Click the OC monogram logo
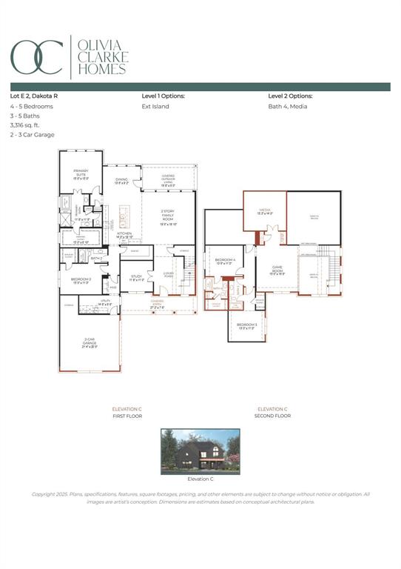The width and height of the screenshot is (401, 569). [x=36, y=56]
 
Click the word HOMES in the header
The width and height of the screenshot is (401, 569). [x=101, y=70]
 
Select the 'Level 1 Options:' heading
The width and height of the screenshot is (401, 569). [x=163, y=96]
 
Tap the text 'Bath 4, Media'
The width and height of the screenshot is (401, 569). [x=288, y=107]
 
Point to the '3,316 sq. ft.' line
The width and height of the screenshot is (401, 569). [x=27, y=125]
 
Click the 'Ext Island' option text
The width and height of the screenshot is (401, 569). [x=155, y=107]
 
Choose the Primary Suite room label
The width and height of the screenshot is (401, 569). [x=81, y=175]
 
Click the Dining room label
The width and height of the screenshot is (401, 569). [x=121, y=180]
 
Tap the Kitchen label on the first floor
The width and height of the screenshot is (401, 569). [x=124, y=235]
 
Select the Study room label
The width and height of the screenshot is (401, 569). [x=136, y=278]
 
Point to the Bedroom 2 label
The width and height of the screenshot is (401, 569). [x=81, y=281]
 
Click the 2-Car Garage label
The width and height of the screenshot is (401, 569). [x=90, y=342]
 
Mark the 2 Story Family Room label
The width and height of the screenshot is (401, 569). [x=169, y=216]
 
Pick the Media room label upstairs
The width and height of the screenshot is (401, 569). [x=264, y=211]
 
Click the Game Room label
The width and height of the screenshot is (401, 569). [x=277, y=271]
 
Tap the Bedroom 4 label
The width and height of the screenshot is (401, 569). [x=225, y=261]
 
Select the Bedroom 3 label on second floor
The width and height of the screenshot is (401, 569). [x=247, y=326]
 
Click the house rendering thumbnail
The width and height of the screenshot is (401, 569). [x=200, y=451]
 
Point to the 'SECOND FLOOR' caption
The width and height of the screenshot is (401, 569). [x=272, y=416]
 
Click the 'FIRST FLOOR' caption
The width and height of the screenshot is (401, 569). [x=127, y=416]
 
